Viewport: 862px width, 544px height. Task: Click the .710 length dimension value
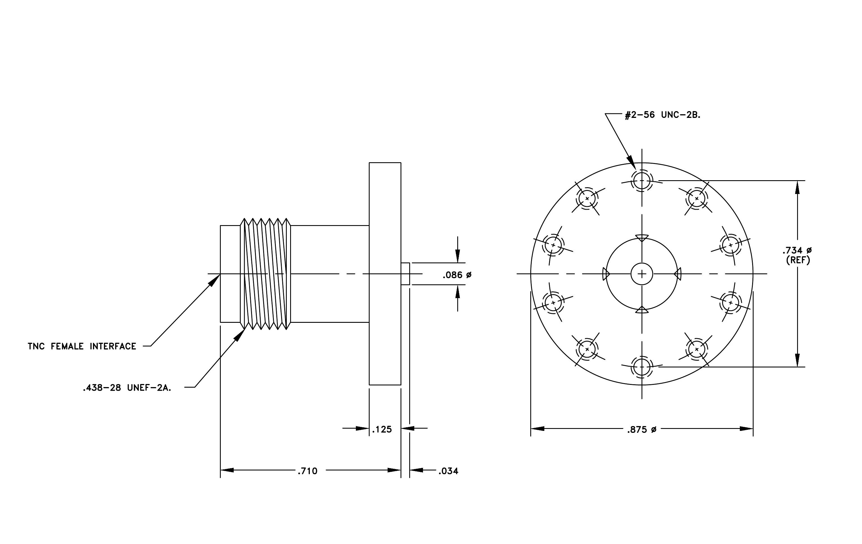pos(308,471)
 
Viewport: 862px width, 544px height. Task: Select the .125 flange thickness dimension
pos(382,429)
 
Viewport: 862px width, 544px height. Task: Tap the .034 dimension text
pos(449,471)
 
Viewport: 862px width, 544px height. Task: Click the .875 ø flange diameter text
pos(642,429)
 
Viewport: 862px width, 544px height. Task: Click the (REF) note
pos(798,260)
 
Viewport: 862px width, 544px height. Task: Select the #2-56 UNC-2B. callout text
pos(663,115)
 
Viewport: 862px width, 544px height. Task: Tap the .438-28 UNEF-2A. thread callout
pos(127,388)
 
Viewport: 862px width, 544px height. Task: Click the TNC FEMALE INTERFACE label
pos(82,346)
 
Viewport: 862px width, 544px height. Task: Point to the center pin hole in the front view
pos(642,274)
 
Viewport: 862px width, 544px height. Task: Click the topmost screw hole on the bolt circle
pos(642,180)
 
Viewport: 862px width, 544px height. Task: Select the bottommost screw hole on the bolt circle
pos(642,367)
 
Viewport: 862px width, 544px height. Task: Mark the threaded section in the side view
pos(265,274)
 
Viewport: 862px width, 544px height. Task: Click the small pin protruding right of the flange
pos(405,274)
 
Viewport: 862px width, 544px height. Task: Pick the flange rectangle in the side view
pos(385,274)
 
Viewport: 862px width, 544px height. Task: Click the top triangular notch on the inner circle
pos(642,238)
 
